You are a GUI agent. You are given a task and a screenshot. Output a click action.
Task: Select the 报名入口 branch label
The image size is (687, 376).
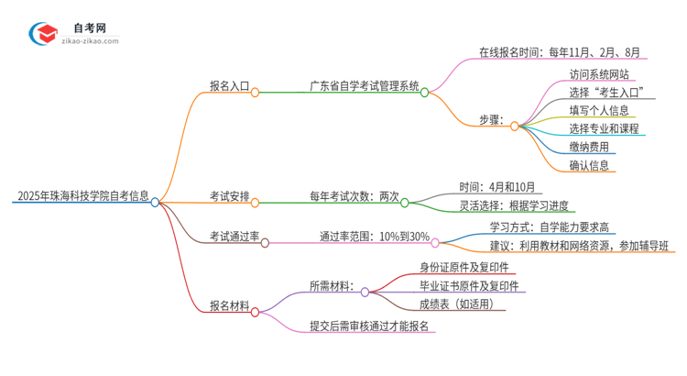click(x=228, y=87)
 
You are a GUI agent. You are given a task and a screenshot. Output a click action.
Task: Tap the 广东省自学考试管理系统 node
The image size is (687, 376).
click(x=364, y=87)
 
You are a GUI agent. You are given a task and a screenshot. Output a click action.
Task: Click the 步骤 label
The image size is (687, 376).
click(x=493, y=120)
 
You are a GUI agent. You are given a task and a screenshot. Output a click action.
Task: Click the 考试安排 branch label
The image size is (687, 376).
click(x=228, y=196)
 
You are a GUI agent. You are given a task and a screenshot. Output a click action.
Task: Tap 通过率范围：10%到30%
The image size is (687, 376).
click(x=375, y=237)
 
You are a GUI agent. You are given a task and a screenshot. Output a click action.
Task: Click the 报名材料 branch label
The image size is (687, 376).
click(x=228, y=305)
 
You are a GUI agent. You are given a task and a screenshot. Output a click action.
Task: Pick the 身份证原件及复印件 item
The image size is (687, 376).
click(x=451, y=267)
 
